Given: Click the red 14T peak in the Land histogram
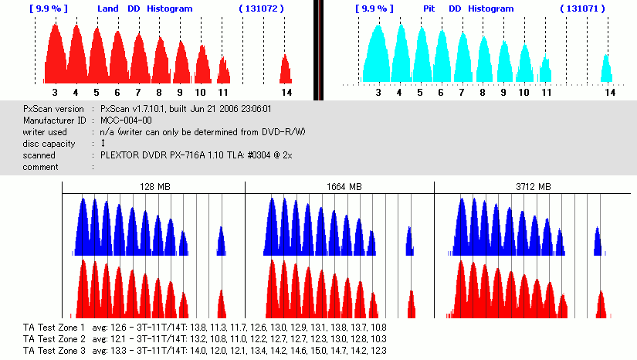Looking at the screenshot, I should coord(286,69).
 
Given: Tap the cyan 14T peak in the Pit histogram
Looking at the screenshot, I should coord(607,69).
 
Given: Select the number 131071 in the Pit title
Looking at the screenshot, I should coord(582,8).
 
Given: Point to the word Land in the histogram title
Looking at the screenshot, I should coord(108,8).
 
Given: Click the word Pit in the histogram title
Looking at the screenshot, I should coord(429,8).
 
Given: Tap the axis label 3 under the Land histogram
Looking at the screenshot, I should coord(55,92).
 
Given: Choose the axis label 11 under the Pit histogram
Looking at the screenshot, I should coord(545,92).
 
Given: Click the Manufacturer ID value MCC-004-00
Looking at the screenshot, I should coord(126,121).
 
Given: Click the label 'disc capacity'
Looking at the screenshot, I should coord(49,144).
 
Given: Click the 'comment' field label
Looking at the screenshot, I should coord(42,167).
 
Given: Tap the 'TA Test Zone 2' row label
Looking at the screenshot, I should coord(53,339).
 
